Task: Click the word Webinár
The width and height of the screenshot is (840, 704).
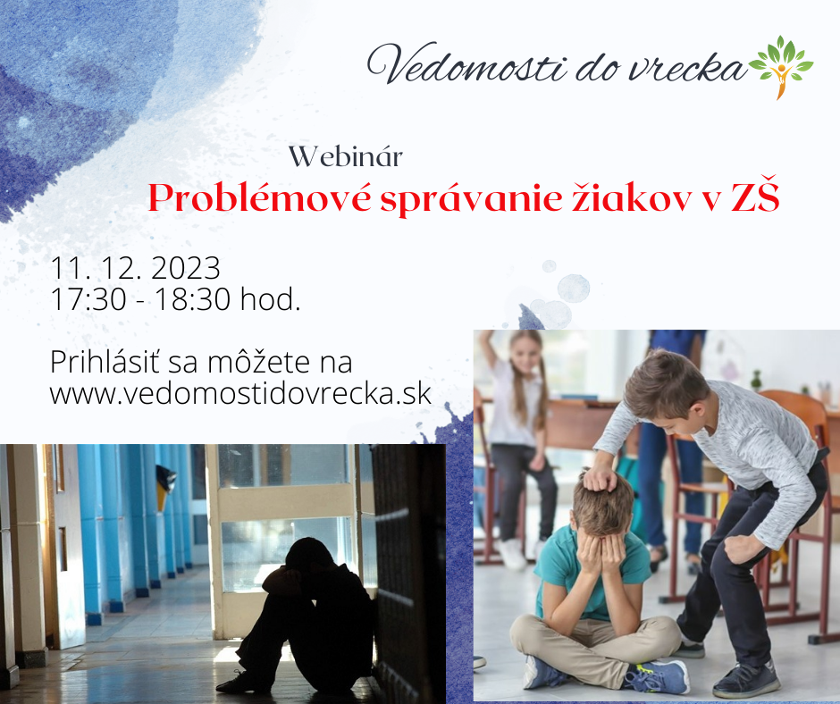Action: (346, 157)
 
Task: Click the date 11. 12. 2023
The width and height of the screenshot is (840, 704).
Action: (135, 268)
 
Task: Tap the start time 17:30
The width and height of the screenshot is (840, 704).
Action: (88, 299)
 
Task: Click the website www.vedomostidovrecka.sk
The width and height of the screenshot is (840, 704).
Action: (240, 394)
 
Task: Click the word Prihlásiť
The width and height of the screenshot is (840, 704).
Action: (106, 362)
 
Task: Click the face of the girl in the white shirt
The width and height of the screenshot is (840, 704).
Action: (525, 353)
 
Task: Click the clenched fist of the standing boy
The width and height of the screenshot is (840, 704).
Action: (743, 549)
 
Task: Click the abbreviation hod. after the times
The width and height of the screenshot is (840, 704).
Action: (270, 299)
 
